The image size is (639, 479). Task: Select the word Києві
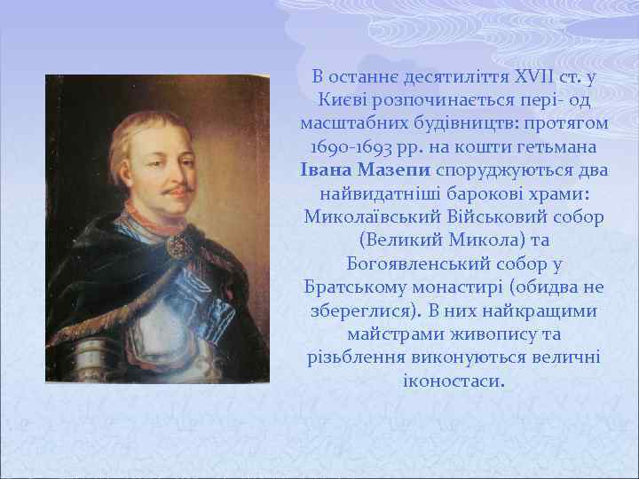(x=337, y=98)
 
